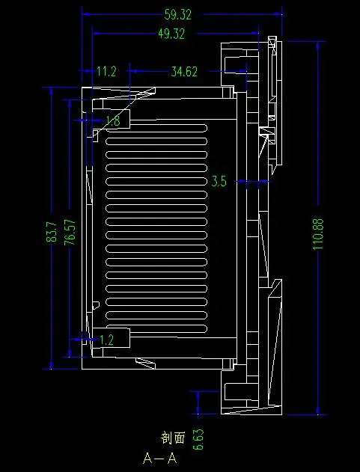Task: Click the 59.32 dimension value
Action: (x=177, y=14)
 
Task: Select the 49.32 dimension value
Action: (x=171, y=34)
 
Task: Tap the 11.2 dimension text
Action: (x=106, y=71)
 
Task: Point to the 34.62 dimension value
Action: (x=184, y=72)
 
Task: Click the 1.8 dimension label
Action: (x=114, y=120)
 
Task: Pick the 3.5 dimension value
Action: (x=219, y=182)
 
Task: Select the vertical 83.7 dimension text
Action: (x=52, y=232)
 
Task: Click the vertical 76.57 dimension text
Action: (x=70, y=233)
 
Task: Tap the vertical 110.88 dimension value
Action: (x=318, y=234)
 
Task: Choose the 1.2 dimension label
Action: (x=106, y=340)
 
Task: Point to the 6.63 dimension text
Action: (x=198, y=440)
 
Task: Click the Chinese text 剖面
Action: (x=173, y=438)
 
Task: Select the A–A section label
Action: (x=160, y=459)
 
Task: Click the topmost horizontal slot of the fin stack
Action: (x=156, y=128)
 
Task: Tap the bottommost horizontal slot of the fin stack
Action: (x=156, y=328)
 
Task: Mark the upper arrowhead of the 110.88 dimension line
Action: (x=318, y=46)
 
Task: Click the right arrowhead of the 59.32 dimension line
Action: (x=278, y=14)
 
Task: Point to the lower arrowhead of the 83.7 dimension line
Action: (x=51, y=365)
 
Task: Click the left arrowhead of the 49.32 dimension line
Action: (x=97, y=34)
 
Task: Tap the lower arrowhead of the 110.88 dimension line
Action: (x=318, y=411)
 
